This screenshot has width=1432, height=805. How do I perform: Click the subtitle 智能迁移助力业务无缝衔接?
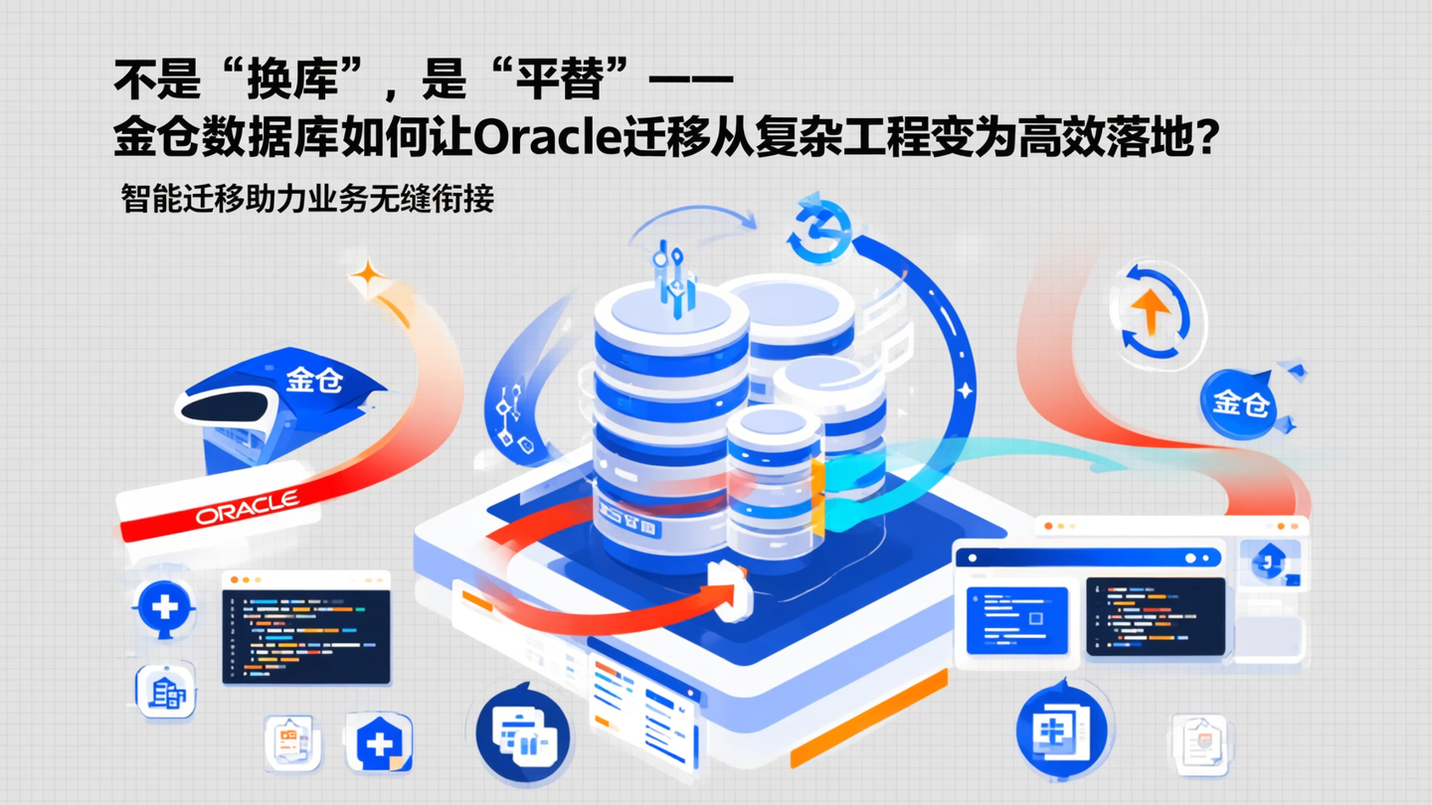(x=307, y=199)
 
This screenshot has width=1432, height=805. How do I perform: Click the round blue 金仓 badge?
(x=1240, y=402)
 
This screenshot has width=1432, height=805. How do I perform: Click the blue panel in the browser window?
(x=1016, y=619)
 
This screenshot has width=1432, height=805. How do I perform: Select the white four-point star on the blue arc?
(x=963, y=392)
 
